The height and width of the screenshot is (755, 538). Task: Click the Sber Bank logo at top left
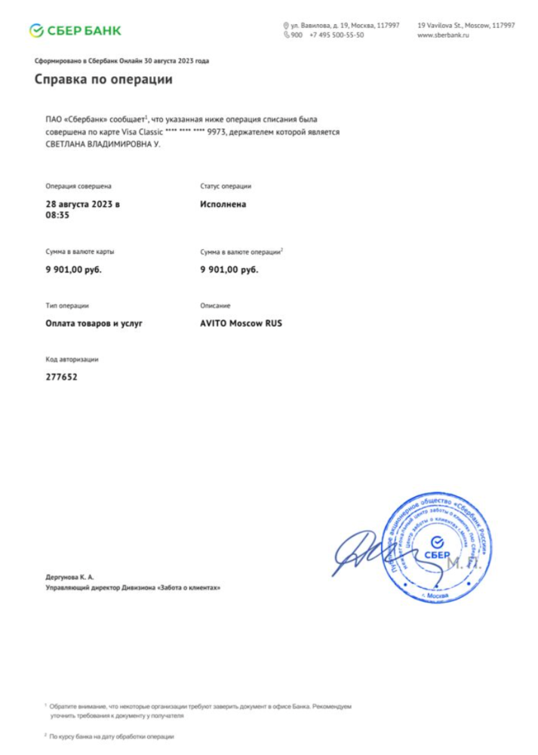(75, 30)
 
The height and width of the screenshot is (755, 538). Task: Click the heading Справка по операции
(103, 79)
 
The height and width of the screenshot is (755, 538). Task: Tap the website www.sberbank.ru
(443, 35)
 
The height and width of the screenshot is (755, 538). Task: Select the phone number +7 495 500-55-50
(337, 35)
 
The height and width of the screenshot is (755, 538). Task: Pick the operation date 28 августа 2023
(82, 204)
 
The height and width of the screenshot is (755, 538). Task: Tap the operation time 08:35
(57, 215)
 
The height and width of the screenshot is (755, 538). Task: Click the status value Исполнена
(223, 204)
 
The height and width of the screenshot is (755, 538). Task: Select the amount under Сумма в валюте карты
(73, 270)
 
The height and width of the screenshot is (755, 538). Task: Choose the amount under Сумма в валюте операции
(229, 270)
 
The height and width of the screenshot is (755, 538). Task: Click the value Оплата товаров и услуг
(94, 323)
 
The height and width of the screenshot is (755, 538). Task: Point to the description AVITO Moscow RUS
(241, 323)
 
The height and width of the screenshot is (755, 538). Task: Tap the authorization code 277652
(61, 377)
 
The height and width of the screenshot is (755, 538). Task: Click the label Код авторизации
(72, 359)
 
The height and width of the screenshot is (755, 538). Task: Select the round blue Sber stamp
(438, 548)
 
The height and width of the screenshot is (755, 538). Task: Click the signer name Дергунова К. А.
(69, 576)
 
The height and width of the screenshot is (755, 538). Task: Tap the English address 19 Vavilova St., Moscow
(466, 25)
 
